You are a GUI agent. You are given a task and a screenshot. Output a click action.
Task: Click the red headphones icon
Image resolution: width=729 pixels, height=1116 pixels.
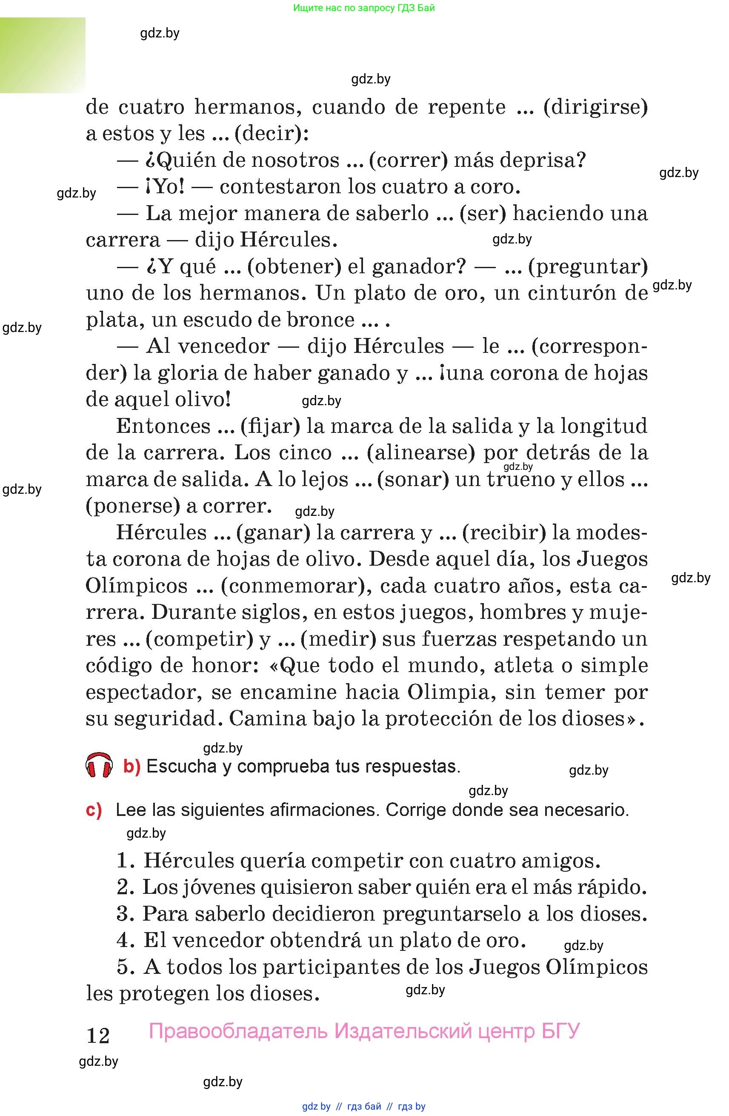coord(99,766)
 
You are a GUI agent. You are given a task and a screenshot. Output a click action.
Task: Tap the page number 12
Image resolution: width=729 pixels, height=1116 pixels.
coord(98,1036)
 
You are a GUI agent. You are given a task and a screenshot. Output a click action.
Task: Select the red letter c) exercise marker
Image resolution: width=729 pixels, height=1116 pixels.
coord(94,810)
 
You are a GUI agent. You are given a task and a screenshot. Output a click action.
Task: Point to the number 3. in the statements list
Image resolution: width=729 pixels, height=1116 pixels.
coord(125,913)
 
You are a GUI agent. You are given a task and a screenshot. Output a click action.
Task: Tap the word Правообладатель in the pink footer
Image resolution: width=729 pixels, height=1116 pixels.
coord(238,1030)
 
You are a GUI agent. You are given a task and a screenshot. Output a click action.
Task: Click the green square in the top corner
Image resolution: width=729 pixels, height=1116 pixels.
coord(43,55)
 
